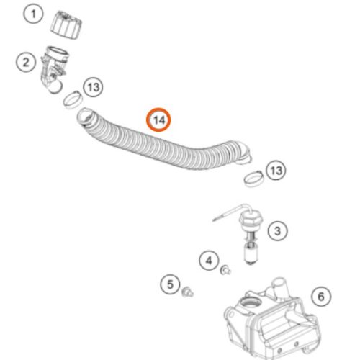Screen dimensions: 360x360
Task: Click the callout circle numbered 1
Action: pos(33,14)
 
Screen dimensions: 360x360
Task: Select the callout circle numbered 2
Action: pos(26,62)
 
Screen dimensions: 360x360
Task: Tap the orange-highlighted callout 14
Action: pos(158,120)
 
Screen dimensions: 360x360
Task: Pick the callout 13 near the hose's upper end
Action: pos(94,87)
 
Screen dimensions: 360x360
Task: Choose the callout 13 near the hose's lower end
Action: pos(276,171)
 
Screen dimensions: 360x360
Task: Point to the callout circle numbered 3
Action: pos(277,231)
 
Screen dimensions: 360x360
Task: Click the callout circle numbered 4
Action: pos(209,261)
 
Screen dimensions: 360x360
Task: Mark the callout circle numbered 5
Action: pos(170,284)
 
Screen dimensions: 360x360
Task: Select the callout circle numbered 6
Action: pos(321,297)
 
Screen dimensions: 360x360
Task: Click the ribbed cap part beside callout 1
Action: pos(66,25)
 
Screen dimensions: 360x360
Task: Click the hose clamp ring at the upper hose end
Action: pos(73,99)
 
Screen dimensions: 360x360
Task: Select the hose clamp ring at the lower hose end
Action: pos(253,179)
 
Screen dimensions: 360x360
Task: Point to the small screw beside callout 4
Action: pos(225,270)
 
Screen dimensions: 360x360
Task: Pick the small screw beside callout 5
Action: pos(187,292)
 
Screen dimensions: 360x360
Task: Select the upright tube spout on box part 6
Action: pos(279,287)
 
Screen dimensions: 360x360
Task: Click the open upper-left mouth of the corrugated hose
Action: pos(84,117)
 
